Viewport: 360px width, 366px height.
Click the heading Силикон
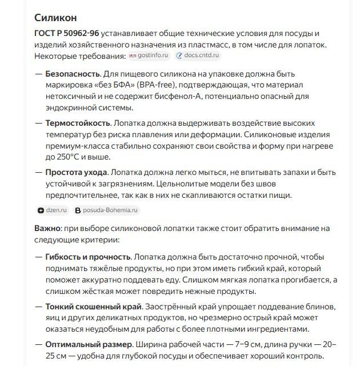[55, 18]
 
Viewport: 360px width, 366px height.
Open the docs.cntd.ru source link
[198, 55]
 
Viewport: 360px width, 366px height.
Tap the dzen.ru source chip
[53, 210]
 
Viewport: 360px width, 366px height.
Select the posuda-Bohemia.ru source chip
[107, 210]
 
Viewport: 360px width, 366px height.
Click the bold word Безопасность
[73, 74]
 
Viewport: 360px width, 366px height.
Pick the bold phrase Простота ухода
[75, 172]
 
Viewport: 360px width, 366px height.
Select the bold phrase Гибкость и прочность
[87, 257]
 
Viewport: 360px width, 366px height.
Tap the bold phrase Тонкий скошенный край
[93, 306]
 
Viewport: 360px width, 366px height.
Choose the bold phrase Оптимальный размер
[89, 345]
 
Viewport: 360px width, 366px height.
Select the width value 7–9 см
[226, 345]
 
